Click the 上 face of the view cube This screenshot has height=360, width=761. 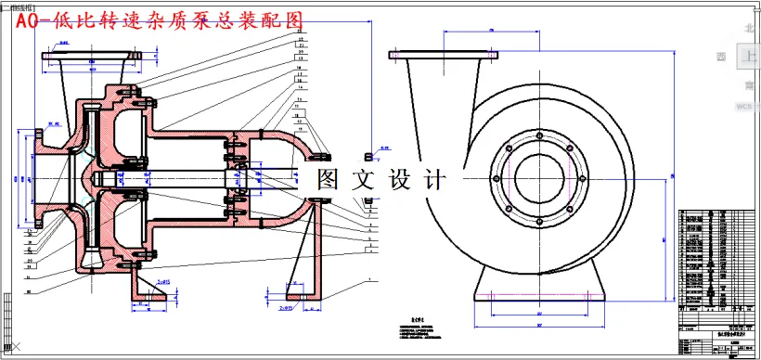click(x=749, y=58)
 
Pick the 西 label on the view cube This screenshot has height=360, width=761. click(x=722, y=58)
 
